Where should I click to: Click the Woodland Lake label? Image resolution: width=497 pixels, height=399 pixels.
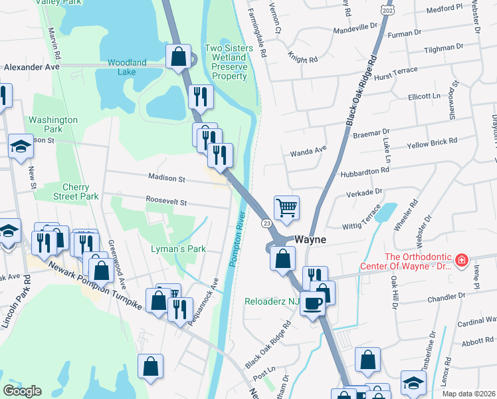click(127, 67)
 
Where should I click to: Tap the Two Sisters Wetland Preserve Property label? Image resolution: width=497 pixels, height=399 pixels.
click(226, 62)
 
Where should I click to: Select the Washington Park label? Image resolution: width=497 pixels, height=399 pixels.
click(53, 124)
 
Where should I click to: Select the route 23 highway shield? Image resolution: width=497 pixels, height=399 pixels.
click(265, 224)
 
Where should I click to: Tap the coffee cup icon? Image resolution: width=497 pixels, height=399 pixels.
click(313, 302)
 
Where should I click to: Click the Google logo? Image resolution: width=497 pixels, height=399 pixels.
click(22, 391)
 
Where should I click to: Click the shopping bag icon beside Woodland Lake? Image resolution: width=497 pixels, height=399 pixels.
click(179, 57)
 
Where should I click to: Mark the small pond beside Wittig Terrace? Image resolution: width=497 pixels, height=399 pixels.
click(385, 213)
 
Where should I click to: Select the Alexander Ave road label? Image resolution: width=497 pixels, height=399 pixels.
click(31, 67)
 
